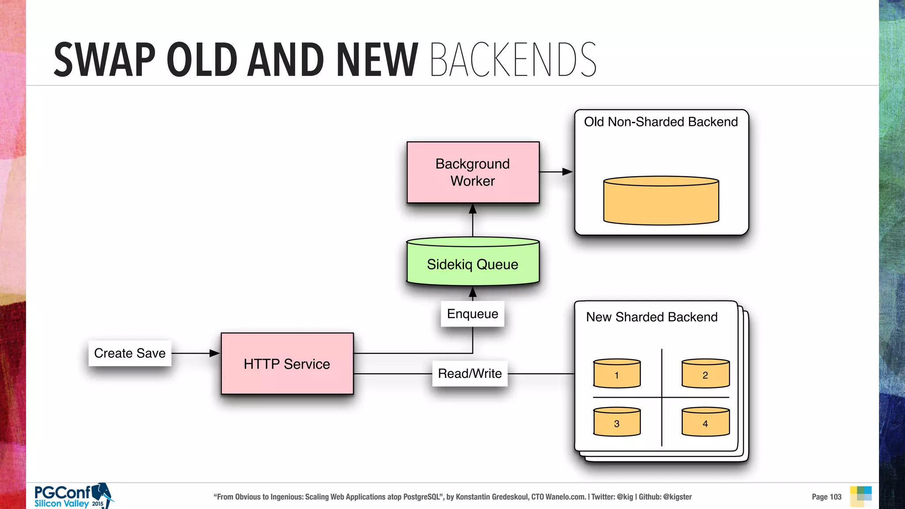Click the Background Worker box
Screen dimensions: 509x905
tap(473, 172)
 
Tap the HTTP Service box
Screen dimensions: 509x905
tap(287, 364)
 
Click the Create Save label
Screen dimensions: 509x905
tap(129, 353)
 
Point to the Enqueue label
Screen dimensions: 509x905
tap(472, 314)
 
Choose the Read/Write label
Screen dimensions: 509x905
tap(470, 373)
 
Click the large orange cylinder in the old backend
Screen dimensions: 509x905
tap(661, 201)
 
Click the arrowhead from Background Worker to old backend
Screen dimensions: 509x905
tap(567, 171)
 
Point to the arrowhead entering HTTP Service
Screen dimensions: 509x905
tap(215, 353)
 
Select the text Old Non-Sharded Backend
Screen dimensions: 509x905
tap(661, 122)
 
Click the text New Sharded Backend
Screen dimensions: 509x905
tap(652, 317)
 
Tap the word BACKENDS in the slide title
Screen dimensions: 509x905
tap(513, 60)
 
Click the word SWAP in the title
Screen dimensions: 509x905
tap(105, 60)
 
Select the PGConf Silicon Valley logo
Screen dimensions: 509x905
tap(73, 496)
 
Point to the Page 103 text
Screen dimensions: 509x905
tap(826, 497)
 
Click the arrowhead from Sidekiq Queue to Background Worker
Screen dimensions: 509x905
tap(472, 209)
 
